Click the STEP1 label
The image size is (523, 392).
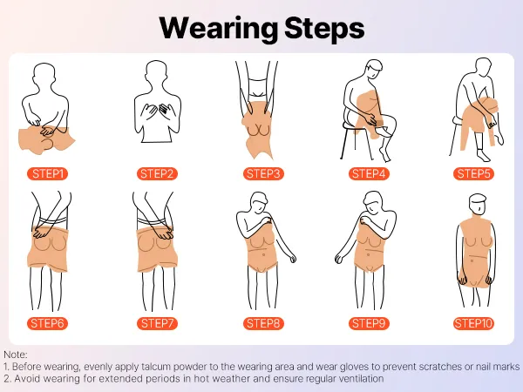[x=47, y=173]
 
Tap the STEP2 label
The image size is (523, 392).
[x=157, y=173]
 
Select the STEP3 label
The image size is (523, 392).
[x=263, y=173]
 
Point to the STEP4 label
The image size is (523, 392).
[x=369, y=173]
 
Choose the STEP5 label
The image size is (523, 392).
[x=473, y=173]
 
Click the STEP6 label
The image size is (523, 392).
[x=47, y=323]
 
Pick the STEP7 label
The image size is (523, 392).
[x=157, y=323]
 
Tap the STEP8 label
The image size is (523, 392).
[x=263, y=323]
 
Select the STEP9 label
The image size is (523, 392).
[x=369, y=323]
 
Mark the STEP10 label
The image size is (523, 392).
[x=473, y=323]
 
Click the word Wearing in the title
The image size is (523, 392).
[x=219, y=30]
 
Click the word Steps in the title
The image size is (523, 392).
[x=324, y=30]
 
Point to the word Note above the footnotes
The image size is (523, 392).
[x=15, y=355]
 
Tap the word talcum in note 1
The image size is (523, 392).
[x=156, y=367]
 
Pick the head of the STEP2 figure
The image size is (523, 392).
[x=156, y=71]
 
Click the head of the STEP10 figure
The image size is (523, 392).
[x=478, y=204]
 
